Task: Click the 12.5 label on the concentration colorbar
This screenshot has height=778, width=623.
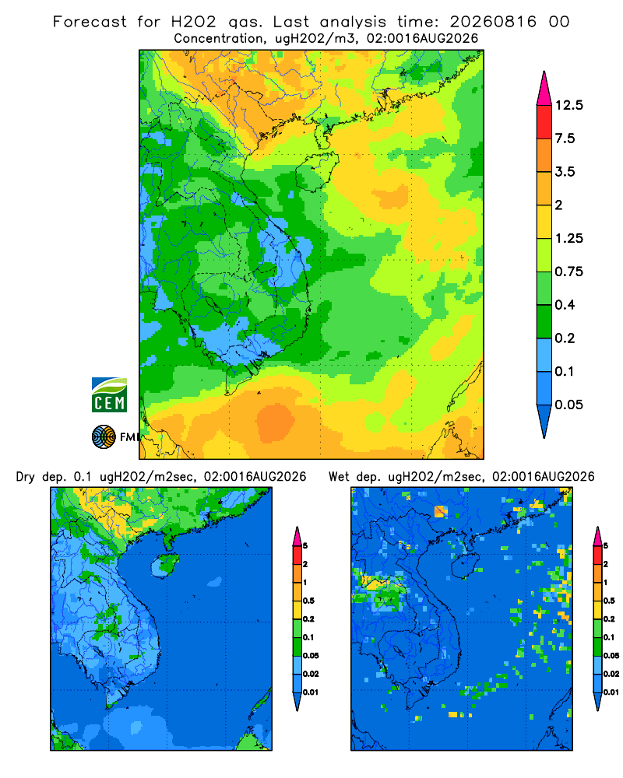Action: pyautogui.click(x=568, y=105)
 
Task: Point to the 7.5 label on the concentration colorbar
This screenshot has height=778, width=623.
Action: pyautogui.click(x=565, y=138)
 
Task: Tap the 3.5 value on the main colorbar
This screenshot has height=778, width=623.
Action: pyautogui.click(x=565, y=172)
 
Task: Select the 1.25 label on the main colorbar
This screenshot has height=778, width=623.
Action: pyautogui.click(x=568, y=238)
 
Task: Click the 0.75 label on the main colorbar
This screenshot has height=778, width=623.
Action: pyautogui.click(x=568, y=272)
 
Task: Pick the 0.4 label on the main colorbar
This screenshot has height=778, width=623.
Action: pyautogui.click(x=565, y=305)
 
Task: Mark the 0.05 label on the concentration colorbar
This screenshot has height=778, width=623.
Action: pyautogui.click(x=568, y=405)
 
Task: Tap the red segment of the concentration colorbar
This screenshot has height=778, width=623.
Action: pyautogui.click(x=544, y=122)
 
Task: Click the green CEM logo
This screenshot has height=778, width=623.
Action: pyautogui.click(x=109, y=395)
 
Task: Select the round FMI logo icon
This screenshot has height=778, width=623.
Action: pyautogui.click(x=104, y=437)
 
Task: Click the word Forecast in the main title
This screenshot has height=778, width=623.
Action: pyautogui.click(x=90, y=22)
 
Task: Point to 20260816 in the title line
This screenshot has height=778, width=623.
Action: pyautogui.click(x=493, y=22)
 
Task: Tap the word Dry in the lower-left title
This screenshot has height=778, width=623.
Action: pyautogui.click(x=26, y=477)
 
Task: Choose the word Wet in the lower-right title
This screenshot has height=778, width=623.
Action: pyautogui.click(x=340, y=477)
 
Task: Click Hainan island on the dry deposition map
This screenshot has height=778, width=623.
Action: pyautogui.click(x=165, y=566)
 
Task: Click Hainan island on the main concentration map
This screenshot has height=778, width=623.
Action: pyautogui.click(x=317, y=170)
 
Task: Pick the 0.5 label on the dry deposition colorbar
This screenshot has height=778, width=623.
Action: pyautogui.click(x=308, y=601)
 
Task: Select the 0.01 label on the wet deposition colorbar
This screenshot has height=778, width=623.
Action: pyautogui.click(x=611, y=692)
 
